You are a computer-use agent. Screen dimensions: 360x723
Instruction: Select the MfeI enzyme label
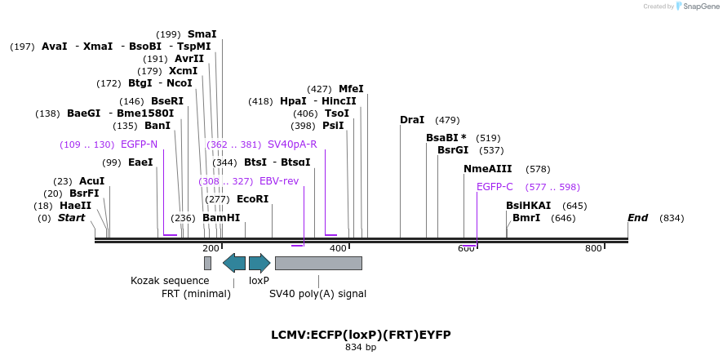pyautogui.click(x=351, y=88)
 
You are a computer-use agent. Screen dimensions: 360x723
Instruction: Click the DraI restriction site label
pyautogui.click(x=412, y=120)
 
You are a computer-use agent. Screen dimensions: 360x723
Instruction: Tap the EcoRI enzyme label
pyautogui.click(x=252, y=198)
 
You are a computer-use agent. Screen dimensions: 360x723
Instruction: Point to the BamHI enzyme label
pyautogui.click(x=221, y=218)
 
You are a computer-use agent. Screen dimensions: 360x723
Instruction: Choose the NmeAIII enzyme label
pyautogui.click(x=487, y=169)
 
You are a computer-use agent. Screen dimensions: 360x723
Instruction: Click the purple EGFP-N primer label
pyautogui.click(x=139, y=144)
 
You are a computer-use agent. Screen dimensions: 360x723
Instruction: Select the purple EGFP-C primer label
pyautogui.click(x=495, y=187)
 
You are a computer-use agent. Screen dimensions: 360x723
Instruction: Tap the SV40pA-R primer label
pyautogui.click(x=292, y=144)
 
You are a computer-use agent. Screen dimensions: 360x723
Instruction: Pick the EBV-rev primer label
pyautogui.click(x=279, y=180)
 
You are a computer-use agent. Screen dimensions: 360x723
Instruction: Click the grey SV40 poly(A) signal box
pyautogui.click(x=318, y=263)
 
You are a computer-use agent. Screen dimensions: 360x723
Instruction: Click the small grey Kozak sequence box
pyautogui.click(x=207, y=263)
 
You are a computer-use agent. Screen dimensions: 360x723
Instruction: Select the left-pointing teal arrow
pyautogui.click(x=234, y=263)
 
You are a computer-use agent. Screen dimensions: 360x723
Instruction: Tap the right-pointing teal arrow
pyautogui.click(x=259, y=263)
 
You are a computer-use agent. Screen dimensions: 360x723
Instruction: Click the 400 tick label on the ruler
pyautogui.click(x=337, y=248)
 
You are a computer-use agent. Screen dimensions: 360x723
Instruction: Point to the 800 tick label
pyautogui.click(x=593, y=248)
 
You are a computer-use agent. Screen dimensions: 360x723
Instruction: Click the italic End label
pyautogui.click(x=637, y=218)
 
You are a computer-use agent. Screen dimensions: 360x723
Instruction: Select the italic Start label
pyautogui.click(x=71, y=218)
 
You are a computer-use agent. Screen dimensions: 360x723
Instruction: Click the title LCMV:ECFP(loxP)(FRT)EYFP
pyautogui.click(x=361, y=335)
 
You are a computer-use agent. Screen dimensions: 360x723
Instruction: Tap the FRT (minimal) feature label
pyautogui.click(x=196, y=294)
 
